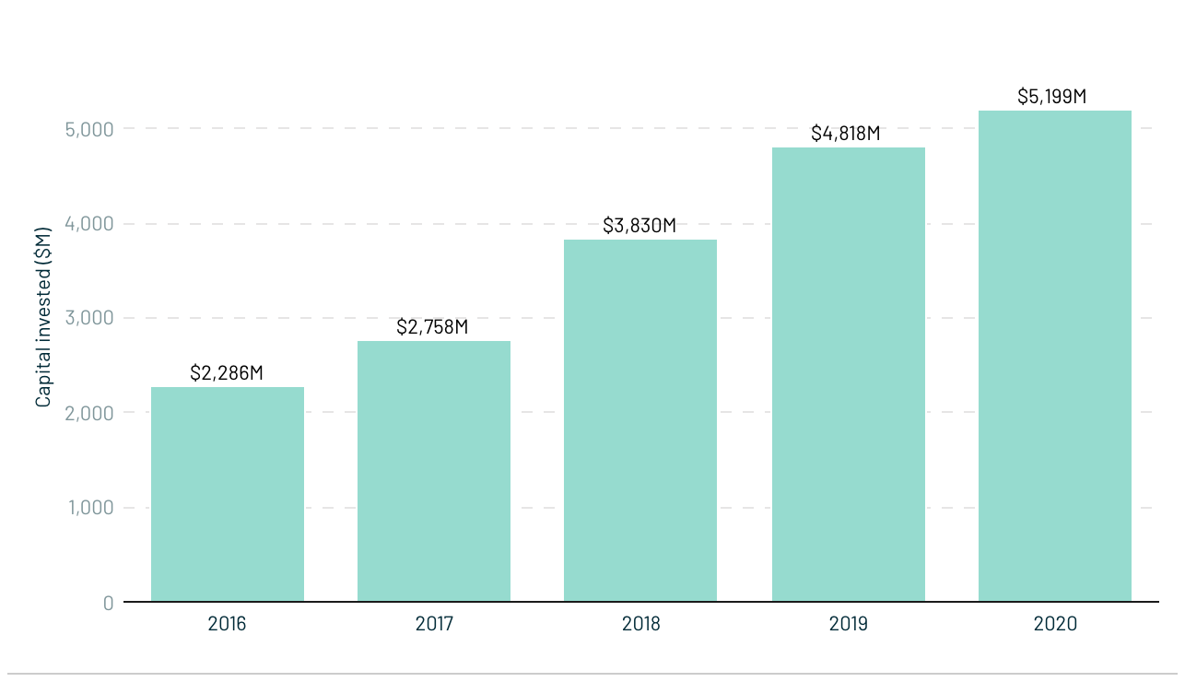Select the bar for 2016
click(228, 494)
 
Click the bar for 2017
click(434, 471)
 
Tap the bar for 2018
click(640, 420)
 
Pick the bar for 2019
click(848, 374)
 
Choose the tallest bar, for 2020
click(1054, 356)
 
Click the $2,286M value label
click(227, 373)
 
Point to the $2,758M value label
click(432, 327)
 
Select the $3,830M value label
click(639, 226)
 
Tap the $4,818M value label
click(846, 134)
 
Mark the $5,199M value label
click(1052, 97)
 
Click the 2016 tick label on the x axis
click(227, 624)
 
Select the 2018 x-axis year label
click(640, 624)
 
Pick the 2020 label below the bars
click(1055, 624)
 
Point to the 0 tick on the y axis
click(108, 603)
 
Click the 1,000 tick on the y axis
click(90, 508)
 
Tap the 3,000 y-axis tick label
click(89, 318)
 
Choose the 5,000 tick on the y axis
click(89, 129)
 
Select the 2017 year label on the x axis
click(434, 624)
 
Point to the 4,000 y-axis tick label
click(89, 224)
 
